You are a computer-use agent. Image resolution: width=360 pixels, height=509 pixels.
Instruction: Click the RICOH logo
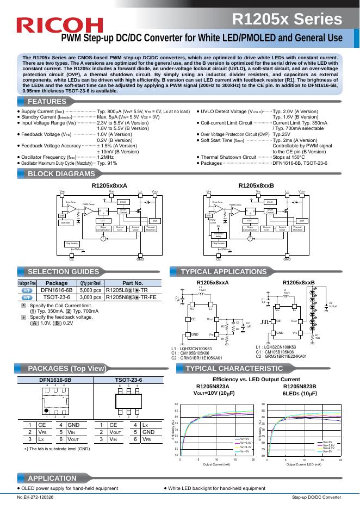(60, 24)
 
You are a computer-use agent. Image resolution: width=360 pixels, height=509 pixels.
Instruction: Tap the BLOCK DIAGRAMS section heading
(61, 174)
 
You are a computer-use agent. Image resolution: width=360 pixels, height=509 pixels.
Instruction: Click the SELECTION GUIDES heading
(63, 271)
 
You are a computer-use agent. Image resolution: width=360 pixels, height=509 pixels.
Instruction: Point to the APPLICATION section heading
(52, 477)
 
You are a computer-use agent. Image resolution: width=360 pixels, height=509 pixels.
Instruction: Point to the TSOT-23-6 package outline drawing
(128, 402)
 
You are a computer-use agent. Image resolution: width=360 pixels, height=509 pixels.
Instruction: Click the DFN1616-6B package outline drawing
(55, 402)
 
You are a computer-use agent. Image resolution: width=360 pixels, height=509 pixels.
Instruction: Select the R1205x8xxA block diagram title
(109, 185)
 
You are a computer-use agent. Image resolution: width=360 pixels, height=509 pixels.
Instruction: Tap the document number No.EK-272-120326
(36, 498)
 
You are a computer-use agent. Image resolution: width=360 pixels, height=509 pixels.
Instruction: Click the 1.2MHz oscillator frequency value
(105, 157)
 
